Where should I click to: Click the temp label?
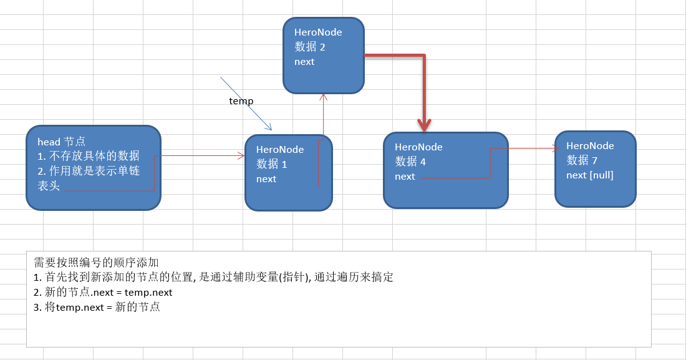241,100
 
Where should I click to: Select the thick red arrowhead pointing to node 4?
425,126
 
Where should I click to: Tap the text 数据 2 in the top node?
310,47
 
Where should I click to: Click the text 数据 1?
272,164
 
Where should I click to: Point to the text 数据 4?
410,162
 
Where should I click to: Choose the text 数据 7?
582,160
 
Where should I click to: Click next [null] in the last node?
590,175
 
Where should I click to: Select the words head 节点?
61,142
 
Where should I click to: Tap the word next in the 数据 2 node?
304,62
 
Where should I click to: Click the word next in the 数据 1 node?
266,179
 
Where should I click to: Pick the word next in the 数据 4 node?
405,177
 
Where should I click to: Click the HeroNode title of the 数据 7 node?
590,145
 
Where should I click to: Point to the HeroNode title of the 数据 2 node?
318,32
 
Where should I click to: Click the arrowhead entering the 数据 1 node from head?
241,156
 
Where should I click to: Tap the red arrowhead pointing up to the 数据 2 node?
323,97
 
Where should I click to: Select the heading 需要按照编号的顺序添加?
96,263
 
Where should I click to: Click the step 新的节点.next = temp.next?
104,292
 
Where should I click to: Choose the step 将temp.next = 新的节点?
97,307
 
